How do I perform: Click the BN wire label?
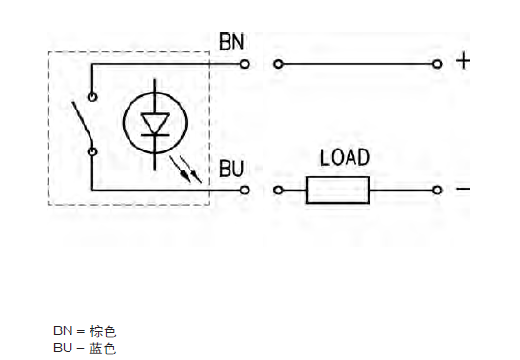(x=231, y=43)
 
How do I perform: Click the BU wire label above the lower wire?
(x=231, y=169)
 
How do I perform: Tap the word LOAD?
(x=344, y=157)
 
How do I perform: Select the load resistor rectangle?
(x=337, y=190)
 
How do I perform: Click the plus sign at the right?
(x=464, y=62)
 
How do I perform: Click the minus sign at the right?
(x=464, y=189)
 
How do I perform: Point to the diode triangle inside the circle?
(x=154, y=125)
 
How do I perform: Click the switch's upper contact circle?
(x=92, y=96)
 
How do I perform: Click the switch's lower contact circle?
(x=92, y=150)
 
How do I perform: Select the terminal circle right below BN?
(x=245, y=64)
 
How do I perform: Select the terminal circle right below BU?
(x=245, y=190)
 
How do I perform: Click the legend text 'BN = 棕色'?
(x=85, y=331)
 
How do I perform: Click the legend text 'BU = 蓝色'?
(x=85, y=349)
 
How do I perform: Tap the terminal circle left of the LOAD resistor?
(x=278, y=190)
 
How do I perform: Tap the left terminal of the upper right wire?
(x=278, y=64)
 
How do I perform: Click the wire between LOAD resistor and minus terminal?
(x=400, y=190)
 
